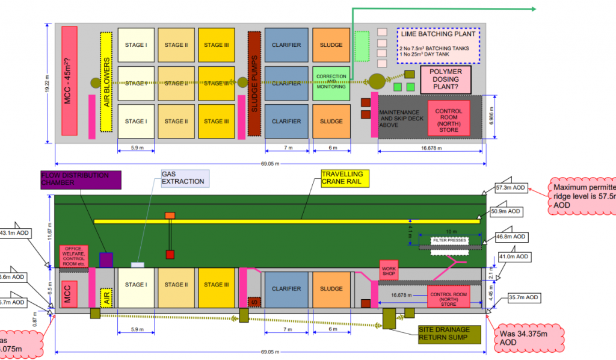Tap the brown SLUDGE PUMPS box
[x=254, y=83]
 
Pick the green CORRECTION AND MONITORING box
[x=331, y=82]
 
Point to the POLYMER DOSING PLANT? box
[x=445, y=79]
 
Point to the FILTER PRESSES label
[x=449, y=240]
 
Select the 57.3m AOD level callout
[x=511, y=188]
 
